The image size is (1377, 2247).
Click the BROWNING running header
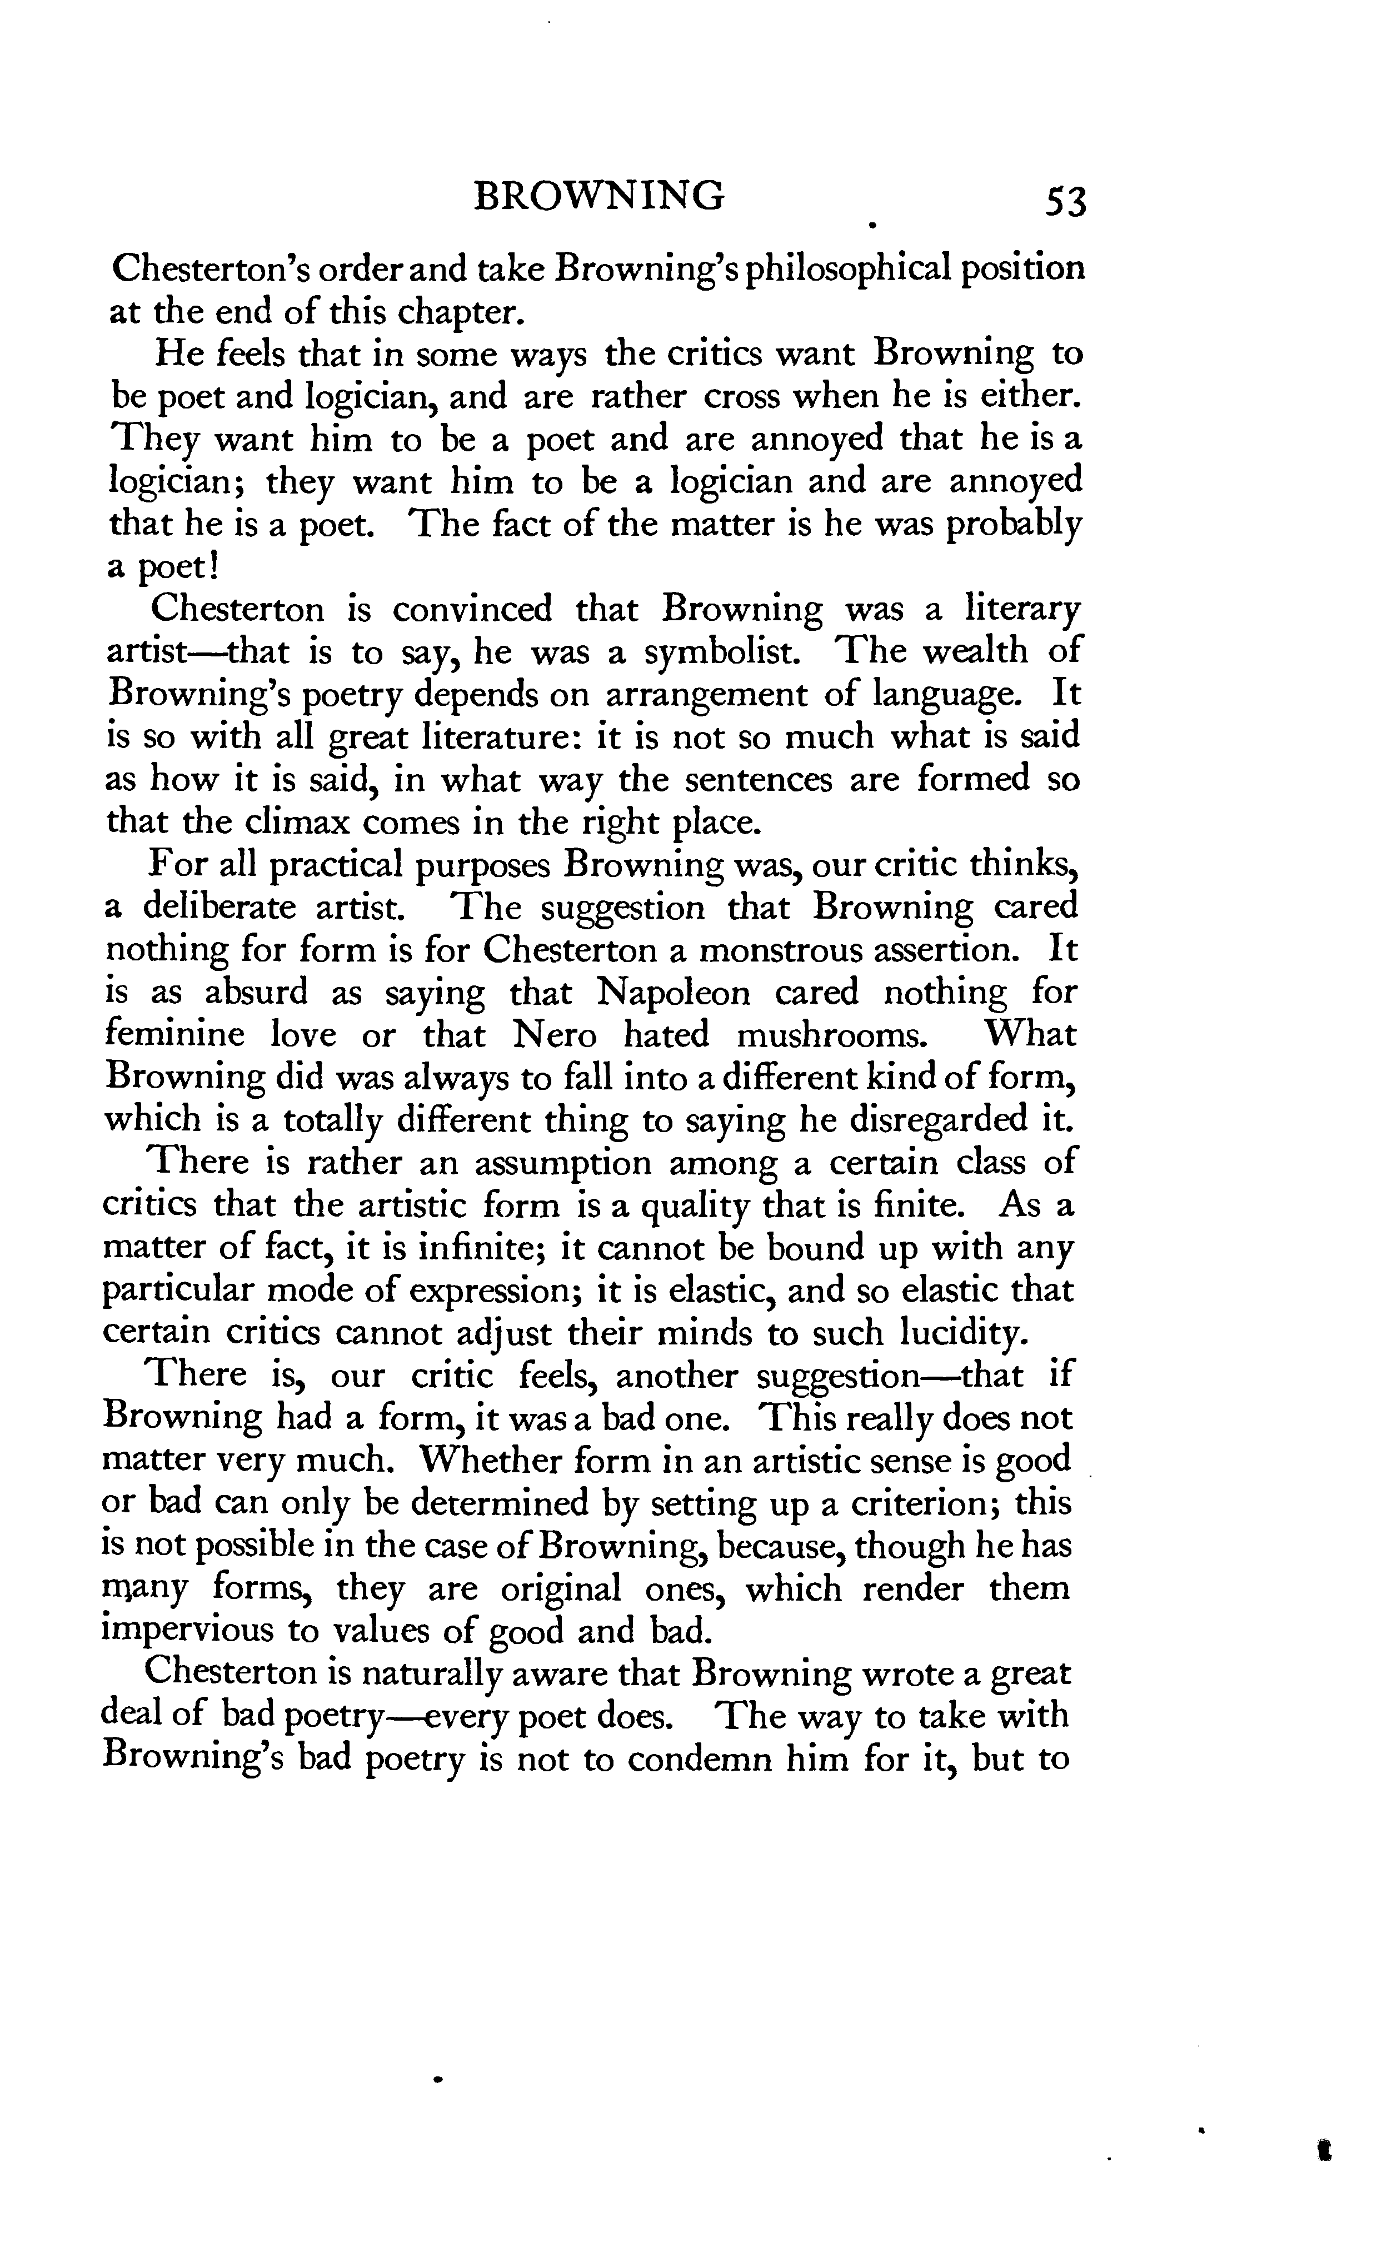click(599, 196)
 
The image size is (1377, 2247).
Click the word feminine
click(175, 1035)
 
